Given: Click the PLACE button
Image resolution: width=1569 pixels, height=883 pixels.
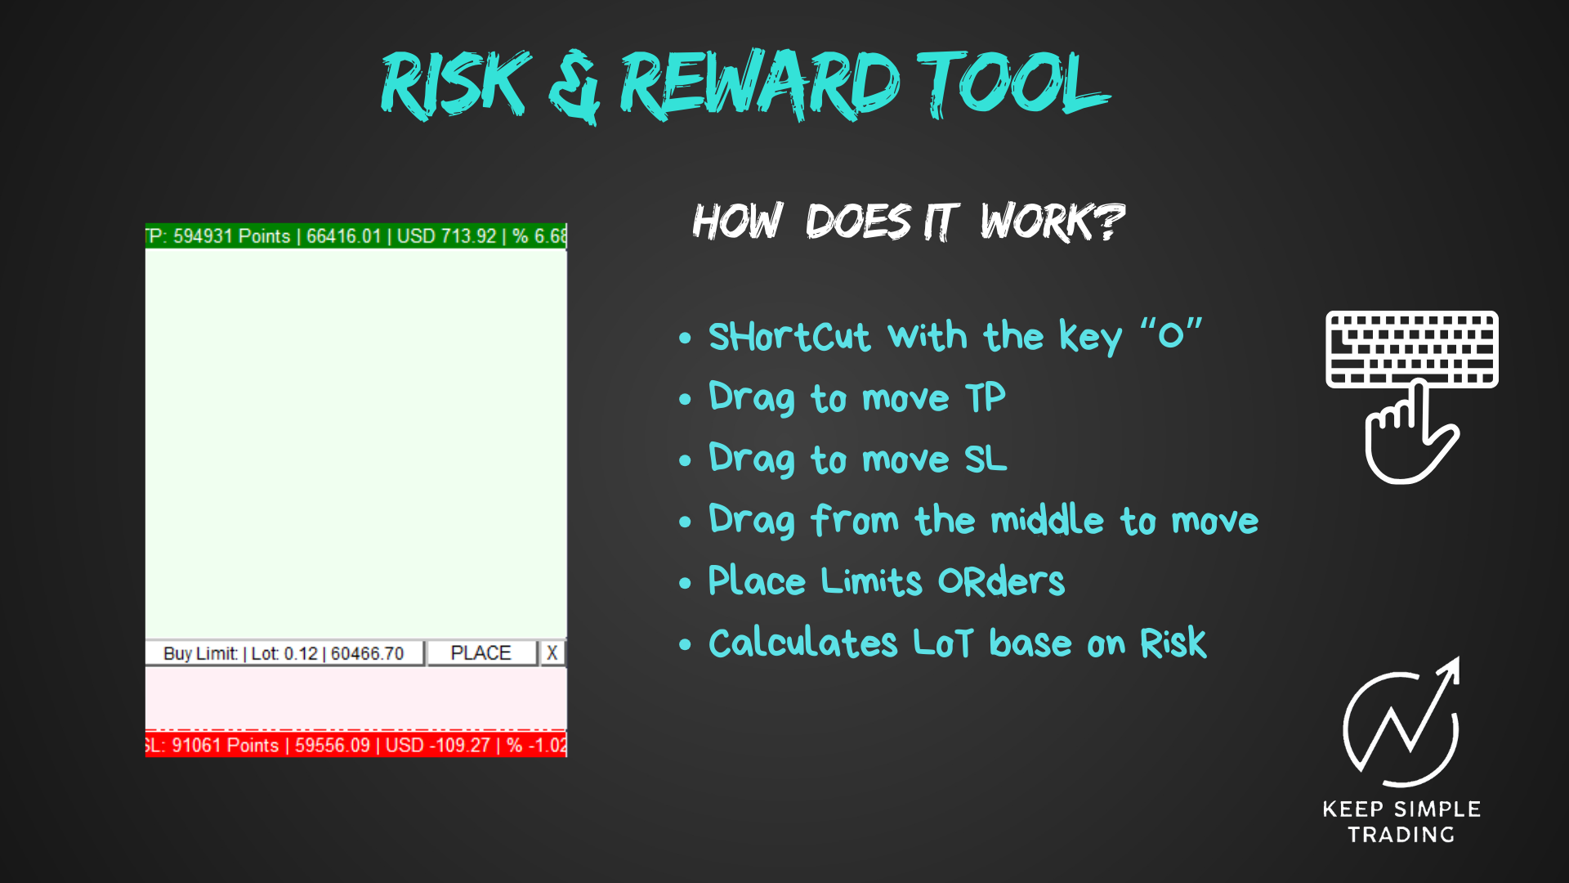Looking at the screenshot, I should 481,653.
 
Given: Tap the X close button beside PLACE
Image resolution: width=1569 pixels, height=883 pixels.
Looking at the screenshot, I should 552,653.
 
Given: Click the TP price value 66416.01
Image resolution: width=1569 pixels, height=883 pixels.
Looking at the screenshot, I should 343,236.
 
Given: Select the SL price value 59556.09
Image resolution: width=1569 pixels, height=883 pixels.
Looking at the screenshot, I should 332,746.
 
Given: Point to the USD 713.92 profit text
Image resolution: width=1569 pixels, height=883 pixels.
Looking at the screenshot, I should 446,236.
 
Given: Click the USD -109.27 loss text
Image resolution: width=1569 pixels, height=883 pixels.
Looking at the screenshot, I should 437,746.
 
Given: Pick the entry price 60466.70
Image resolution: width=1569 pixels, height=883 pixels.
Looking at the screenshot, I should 367,654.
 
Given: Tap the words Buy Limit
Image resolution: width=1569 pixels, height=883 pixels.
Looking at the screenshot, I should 200,654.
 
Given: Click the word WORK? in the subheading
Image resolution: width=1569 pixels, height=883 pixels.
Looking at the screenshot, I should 1053,222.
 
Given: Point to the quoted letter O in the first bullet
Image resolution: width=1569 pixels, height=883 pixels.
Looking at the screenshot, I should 1171,335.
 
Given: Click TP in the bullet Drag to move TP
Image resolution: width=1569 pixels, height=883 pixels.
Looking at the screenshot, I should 985,398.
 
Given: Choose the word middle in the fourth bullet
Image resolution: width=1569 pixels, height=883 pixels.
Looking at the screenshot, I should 1047,521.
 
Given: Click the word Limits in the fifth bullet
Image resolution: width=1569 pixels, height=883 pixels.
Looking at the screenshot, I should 871,581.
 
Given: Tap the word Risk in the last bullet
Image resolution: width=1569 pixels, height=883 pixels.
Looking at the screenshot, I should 1173,643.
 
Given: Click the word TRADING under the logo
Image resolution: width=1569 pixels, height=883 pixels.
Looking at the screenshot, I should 1401,835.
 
